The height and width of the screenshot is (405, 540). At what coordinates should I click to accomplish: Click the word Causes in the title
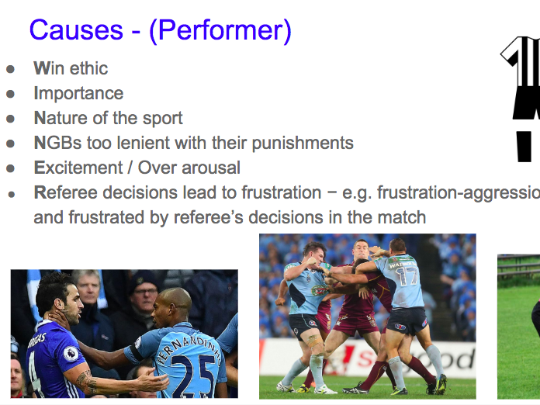[77, 30]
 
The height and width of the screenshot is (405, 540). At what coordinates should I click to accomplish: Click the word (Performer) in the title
[220, 31]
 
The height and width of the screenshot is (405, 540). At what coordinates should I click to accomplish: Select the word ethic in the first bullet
[89, 68]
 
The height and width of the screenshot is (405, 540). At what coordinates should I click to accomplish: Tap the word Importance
[78, 94]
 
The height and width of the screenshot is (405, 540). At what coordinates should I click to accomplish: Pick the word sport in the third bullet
[163, 119]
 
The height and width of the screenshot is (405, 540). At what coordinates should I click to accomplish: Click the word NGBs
[58, 143]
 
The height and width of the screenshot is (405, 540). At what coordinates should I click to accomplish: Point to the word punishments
[303, 144]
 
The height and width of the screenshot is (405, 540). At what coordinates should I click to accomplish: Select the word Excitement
[78, 168]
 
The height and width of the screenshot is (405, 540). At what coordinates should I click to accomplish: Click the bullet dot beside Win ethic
[10, 69]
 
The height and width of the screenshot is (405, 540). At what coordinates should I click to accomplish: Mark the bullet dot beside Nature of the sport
[10, 119]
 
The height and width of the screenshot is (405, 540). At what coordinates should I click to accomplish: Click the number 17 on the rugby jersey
[407, 276]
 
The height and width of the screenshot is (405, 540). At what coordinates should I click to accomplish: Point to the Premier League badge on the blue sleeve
[71, 354]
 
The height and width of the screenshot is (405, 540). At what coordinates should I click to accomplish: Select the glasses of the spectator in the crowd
[144, 292]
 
